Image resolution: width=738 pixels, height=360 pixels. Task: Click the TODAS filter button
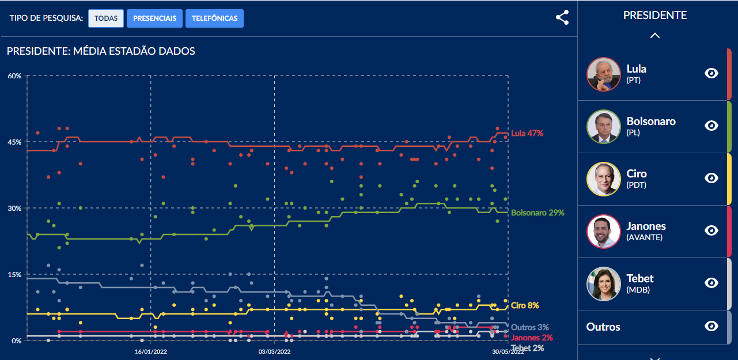[106, 18]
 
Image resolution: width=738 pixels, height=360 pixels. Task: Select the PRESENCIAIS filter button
[154, 18]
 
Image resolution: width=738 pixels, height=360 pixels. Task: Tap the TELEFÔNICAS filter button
[214, 18]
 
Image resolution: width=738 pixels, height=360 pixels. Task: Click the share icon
[562, 18]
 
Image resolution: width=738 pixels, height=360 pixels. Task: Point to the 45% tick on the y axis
[14, 142]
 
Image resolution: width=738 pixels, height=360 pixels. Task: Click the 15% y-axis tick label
[14, 275]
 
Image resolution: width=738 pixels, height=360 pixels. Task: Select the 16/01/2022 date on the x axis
[151, 351]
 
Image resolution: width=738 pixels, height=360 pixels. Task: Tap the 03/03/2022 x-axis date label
[274, 351]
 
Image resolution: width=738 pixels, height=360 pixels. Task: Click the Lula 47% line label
[527, 133]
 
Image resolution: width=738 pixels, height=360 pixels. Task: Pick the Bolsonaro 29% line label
[538, 213]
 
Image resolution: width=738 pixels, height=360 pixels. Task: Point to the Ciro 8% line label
[525, 305]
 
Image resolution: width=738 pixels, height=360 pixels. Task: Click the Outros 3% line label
[530, 327]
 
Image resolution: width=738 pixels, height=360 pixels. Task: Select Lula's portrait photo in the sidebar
[603, 74]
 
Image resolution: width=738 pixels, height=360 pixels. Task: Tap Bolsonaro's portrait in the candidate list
[603, 127]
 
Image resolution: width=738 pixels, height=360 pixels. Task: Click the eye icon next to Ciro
[711, 178]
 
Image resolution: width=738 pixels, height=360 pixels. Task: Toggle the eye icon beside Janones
[711, 230]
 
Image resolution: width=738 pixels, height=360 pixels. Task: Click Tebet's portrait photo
[603, 284]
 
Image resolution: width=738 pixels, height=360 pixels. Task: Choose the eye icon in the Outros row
[711, 326]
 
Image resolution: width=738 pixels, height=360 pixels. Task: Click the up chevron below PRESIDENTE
[654, 35]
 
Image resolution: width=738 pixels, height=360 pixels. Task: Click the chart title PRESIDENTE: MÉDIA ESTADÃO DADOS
[101, 51]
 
